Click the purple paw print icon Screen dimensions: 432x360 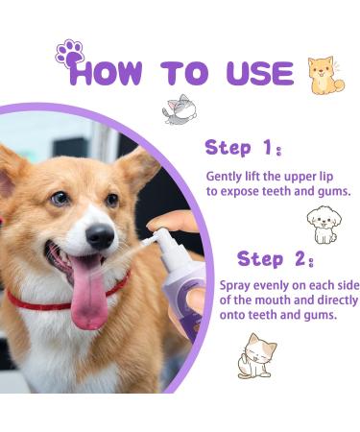(x=69, y=52)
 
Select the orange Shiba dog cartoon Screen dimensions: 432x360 (x=324, y=75)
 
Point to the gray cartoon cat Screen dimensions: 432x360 (x=179, y=109)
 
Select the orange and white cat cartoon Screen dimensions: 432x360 (x=256, y=354)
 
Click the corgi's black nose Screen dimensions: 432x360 (x=100, y=236)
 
